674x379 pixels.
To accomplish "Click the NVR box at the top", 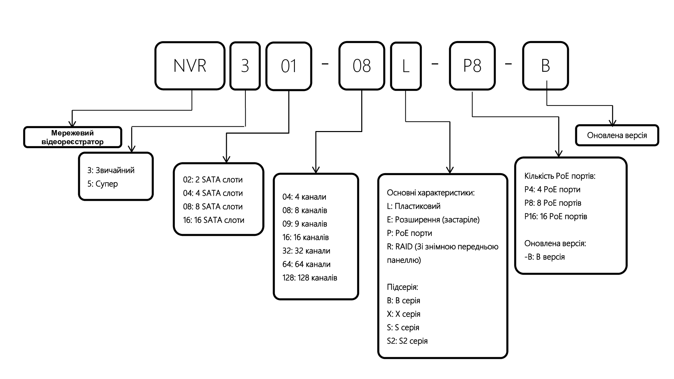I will (x=190, y=66).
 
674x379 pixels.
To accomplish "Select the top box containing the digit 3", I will (x=245, y=66).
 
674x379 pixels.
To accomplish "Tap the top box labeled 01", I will (x=289, y=66).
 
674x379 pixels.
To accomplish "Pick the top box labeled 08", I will (x=362, y=66).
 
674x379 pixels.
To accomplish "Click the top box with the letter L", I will (x=406, y=66).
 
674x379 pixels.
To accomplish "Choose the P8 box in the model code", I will (x=472, y=66).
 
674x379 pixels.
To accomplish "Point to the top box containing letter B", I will (x=545, y=66).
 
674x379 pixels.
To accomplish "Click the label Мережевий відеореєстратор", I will (x=72, y=137).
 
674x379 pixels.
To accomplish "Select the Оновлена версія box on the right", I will (x=617, y=135).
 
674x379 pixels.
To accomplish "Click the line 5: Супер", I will (x=102, y=184).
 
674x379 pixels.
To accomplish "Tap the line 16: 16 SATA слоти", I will (x=214, y=220).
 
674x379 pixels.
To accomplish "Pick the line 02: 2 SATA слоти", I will (x=213, y=180).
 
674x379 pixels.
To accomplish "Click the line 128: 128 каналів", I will (x=310, y=278).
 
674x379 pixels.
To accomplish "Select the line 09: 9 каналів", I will (x=305, y=224).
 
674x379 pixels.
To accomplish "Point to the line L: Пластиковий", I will (x=413, y=206).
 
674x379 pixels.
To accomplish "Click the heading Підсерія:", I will (x=402, y=287).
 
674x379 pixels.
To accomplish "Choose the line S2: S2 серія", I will (x=407, y=341).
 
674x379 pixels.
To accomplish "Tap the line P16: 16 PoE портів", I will (x=556, y=217).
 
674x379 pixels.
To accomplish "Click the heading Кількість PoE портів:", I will (x=560, y=176).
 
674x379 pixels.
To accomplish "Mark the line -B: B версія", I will (x=544, y=257).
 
